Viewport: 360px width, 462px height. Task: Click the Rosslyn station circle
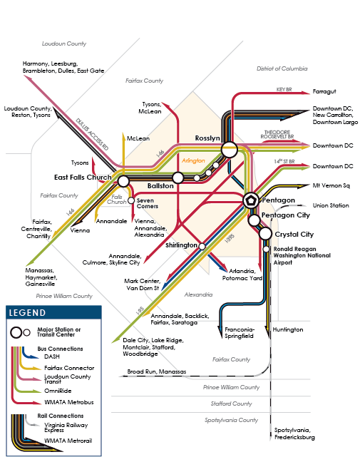click(x=230, y=150)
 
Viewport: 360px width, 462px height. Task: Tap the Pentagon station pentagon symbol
click(x=251, y=200)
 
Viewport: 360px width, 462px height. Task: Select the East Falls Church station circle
click(x=123, y=181)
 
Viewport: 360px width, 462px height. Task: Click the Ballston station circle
click(x=178, y=178)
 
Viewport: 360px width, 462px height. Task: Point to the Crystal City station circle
click(x=265, y=234)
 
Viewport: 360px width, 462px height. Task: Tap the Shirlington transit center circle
click(x=202, y=246)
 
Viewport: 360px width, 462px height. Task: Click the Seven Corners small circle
click(x=130, y=200)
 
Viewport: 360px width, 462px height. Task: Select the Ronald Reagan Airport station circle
click(x=266, y=249)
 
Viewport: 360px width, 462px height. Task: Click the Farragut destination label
click(x=324, y=91)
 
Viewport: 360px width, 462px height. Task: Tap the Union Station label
click(x=331, y=205)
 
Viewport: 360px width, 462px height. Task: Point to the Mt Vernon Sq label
click(x=331, y=185)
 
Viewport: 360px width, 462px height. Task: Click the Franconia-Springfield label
click(x=239, y=333)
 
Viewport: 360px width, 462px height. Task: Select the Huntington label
click(x=287, y=329)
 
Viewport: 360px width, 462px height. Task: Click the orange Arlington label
click(x=193, y=160)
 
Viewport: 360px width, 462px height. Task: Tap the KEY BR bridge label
click(x=284, y=89)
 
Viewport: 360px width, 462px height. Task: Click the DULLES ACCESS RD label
click(x=92, y=134)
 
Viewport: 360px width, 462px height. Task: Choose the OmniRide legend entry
click(x=58, y=391)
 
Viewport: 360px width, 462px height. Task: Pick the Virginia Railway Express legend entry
click(x=66, y=427)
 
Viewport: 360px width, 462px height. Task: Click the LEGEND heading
click(x=27, y=312)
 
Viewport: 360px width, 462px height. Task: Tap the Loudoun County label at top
click(x=64, y=43)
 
